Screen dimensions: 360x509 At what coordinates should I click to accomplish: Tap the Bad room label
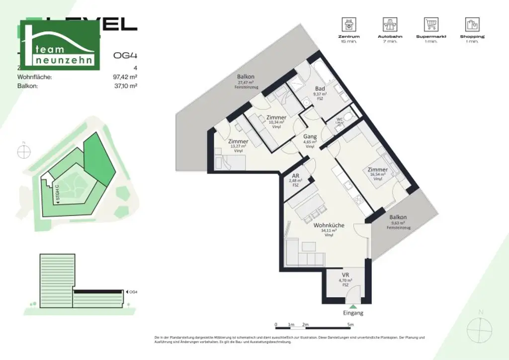[320, 89]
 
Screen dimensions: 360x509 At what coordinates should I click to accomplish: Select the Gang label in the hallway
[310, 137]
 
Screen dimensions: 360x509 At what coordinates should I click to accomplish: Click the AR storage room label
[295, 176]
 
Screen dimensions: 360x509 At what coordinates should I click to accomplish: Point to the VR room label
[345, 275]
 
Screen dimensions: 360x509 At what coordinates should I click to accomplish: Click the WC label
[340, 119]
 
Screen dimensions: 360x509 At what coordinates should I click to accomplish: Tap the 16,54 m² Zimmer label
[378, 170]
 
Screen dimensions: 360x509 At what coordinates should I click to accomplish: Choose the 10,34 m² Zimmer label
[276, 118]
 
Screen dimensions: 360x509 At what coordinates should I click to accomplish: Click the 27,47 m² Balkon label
[246, 77]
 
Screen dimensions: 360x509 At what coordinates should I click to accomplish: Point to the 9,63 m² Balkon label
[398, 217]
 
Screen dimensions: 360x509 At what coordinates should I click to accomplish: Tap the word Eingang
[352, 313]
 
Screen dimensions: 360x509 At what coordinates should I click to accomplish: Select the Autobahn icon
[390, 24]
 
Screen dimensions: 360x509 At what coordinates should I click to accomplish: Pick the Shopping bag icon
[472, 24]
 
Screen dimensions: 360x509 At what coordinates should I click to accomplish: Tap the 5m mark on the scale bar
[351, 325]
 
